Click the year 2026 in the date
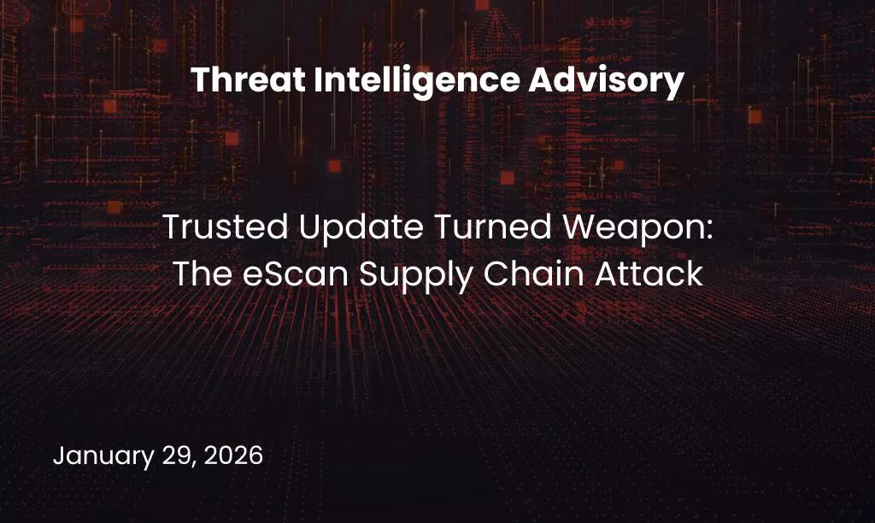233,455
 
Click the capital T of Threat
199,81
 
